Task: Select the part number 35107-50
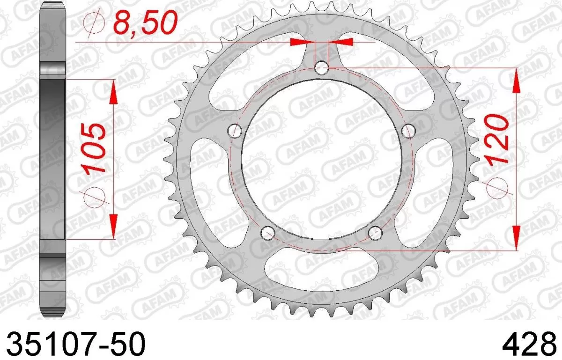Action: coord(75,344)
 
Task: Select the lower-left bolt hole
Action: coord(267,233)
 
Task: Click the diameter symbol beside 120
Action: coord(497,188)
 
